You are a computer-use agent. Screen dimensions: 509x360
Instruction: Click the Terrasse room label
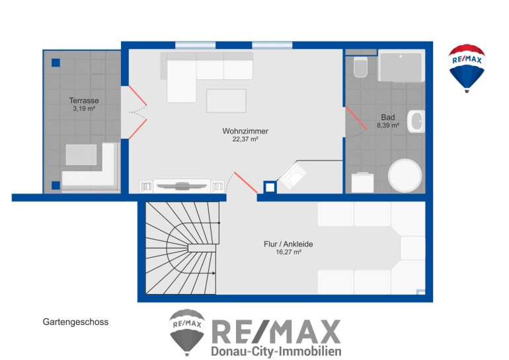tap(84, 100)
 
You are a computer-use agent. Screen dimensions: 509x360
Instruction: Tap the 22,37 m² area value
tap(245, 139)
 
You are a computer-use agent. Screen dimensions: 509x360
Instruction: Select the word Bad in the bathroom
tap(388, 118)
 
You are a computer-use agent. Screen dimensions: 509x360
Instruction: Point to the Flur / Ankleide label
tap(288, 244)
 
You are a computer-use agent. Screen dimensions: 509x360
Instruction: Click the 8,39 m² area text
tap(388, 126)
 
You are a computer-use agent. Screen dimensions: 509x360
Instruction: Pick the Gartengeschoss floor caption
tap(75, 322)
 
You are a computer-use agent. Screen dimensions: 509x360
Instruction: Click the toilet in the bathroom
tap(360, 67)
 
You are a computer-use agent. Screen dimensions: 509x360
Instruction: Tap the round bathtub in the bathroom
tap(405, 176)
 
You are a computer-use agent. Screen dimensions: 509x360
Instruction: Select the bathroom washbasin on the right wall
tap(416, 122)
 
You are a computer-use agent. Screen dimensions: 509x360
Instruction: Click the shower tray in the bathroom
tap(401, 66)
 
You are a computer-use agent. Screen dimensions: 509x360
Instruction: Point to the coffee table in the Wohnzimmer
tap(226, 101)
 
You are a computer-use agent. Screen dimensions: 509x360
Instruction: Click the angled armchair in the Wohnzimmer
tap(292, 176)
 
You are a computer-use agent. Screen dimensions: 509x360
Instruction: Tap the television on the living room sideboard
tap(182, 186)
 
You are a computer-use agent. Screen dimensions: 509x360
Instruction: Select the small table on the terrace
tap(81, 155)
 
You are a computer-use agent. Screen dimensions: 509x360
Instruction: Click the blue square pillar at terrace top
tap(56, 63)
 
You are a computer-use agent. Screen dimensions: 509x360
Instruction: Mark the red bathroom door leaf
tap(356, 118)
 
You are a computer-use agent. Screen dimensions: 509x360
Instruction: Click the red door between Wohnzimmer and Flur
tap(246, 183)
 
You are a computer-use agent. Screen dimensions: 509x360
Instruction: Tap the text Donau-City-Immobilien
tap(276, 351)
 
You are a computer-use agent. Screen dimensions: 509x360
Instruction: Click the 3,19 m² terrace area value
tap(84, 108)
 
